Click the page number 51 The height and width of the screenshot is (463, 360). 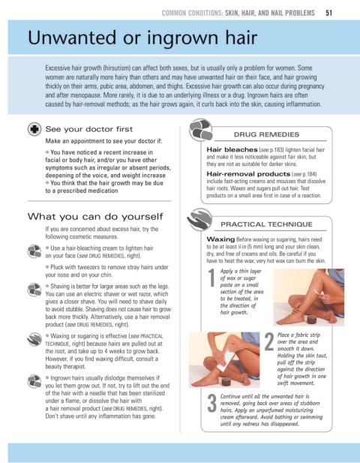(328, 13)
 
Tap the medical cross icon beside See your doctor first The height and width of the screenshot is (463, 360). (34, 129)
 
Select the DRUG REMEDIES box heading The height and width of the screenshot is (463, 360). (266, 134)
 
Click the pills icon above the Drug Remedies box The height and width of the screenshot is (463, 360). (201, 129)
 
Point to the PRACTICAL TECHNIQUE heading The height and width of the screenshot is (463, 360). (266, 224)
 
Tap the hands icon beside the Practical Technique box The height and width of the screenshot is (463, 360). (199, 219)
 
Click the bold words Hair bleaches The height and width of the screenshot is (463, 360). (232, 150)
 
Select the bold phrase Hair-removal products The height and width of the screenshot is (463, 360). (248, 174)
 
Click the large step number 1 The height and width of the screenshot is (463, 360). (211, 278)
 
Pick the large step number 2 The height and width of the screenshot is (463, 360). (269, 341)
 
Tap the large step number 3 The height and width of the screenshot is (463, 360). (211, 403)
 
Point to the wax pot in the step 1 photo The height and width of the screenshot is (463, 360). (311, 320)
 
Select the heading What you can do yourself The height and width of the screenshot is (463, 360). (95, 216)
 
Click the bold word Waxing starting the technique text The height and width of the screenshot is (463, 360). (220, 239)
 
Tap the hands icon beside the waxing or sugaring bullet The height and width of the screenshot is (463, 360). (34, 340)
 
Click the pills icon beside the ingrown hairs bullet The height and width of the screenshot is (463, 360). (34, 381)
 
